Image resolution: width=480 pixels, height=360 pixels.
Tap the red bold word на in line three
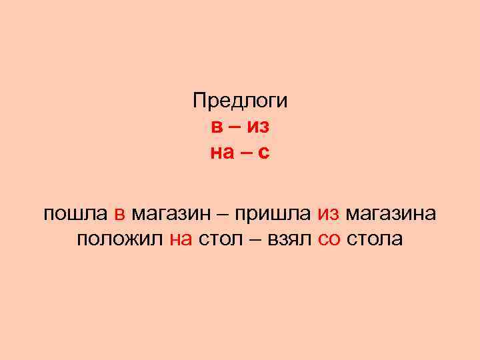click(x=222, y=153)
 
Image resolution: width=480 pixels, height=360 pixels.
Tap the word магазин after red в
click(x=171, y=215)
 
